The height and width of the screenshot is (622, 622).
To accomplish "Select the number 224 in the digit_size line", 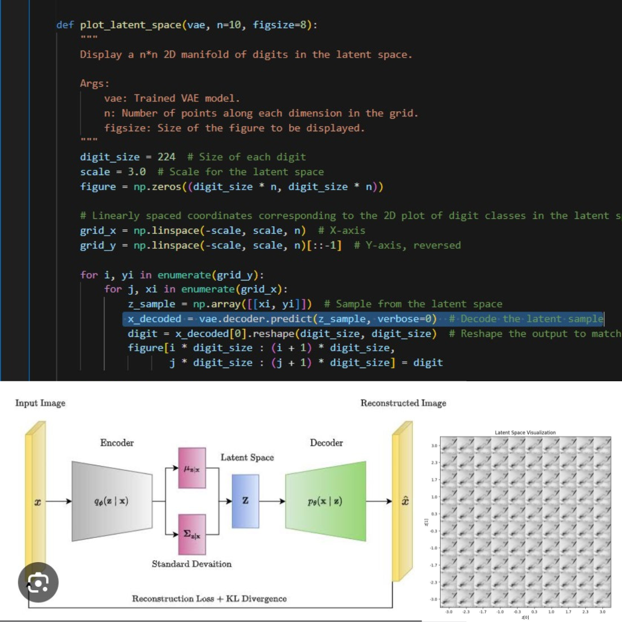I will [x=166, y=157].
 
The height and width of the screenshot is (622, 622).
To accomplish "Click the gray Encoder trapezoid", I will [x=112, y=500].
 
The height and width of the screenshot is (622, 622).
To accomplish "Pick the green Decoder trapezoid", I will [x=325, y=500].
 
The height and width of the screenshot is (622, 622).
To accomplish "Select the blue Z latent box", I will [x=245, y=500].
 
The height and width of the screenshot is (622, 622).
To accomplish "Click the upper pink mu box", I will [x=192, y=469].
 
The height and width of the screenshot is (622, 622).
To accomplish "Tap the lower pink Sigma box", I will [x=192, y=534].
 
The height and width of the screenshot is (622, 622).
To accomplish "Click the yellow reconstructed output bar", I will [x=403, y=500].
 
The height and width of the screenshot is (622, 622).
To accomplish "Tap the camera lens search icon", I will [x=38, y=583].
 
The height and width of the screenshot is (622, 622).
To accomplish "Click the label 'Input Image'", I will [x=40, y=403].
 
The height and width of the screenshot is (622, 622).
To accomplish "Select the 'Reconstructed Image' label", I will [x=403, y=403].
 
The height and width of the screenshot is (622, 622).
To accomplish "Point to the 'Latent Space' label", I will [x=247, y=457].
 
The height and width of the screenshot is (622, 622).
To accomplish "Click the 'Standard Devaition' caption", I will [x=192, y=564].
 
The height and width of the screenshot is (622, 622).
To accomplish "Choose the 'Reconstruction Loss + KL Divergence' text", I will [x=209, y=599].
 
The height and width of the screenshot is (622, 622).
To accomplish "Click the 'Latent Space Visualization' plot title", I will [x=525, y=433].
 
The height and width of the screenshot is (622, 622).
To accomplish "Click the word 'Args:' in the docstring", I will [x=94, y=84].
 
